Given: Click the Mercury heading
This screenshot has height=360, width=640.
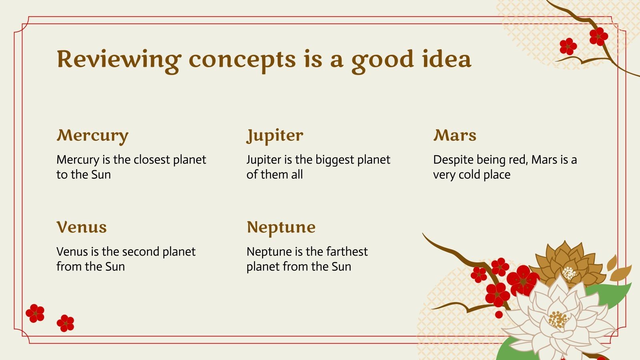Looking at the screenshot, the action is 92,136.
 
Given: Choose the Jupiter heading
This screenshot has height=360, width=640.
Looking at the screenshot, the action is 275,136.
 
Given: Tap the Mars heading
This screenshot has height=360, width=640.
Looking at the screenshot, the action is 455,135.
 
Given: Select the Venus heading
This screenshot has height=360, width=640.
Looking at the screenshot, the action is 82,228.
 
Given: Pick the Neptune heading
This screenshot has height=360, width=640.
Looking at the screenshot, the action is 281,228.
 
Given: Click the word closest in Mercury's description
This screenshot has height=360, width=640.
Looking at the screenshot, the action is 152,160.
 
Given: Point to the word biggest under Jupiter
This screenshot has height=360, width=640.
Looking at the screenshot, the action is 335,160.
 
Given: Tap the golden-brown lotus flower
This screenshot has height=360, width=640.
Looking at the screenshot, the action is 568,264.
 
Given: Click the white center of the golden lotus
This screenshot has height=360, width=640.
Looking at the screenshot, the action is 570,273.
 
